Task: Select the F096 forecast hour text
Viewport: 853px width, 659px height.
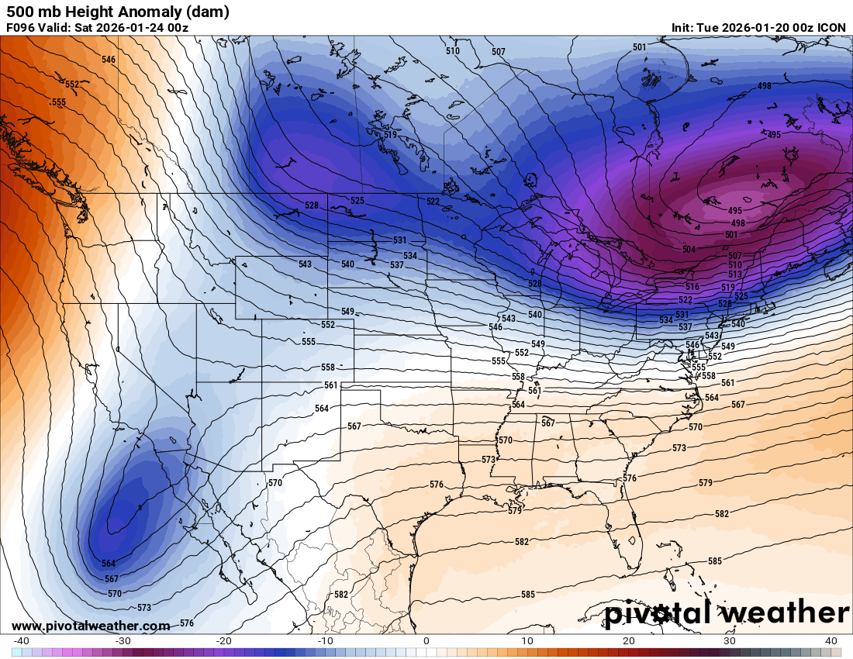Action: click(20, 28)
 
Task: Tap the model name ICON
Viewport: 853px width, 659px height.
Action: click(832, 28)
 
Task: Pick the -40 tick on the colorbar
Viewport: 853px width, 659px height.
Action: click(22, 640)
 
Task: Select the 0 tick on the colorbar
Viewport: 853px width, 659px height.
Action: click(427, 640)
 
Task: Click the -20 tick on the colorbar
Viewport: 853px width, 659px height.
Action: click(224, 640)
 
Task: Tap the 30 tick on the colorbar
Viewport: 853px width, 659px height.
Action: click(730, 640)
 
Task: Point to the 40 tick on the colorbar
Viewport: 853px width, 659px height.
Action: click(831, 640)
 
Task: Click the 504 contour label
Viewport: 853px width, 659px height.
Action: click(689, 250)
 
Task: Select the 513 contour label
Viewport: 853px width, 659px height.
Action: click(735, 274)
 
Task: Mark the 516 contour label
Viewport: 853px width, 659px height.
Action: click(692, 287)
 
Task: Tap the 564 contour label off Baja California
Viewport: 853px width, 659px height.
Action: click(109, 564)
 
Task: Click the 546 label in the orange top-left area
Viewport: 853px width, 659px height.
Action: click(109, 60)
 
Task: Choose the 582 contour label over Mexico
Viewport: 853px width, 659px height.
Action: click(340, 595)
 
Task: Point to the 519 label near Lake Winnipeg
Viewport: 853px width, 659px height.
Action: click(390, 135)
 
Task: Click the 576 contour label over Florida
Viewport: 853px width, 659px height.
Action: click(629, 478)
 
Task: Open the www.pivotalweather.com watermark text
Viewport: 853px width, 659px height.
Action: click(91, 626)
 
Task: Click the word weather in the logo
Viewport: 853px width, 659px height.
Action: click(784, 613)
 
